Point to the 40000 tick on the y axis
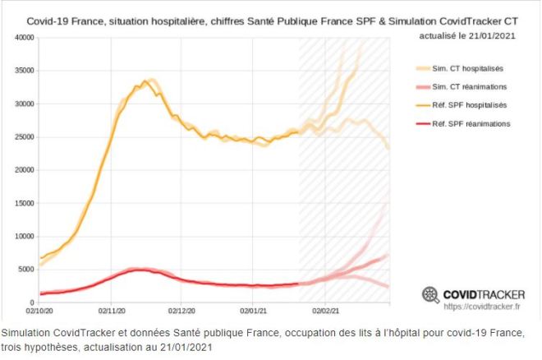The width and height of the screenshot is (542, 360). point(23,38)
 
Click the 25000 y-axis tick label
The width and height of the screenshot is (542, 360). point(23,137)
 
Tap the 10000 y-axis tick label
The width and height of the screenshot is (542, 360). point(23,237)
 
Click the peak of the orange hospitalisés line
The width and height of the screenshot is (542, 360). point(145,81)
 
